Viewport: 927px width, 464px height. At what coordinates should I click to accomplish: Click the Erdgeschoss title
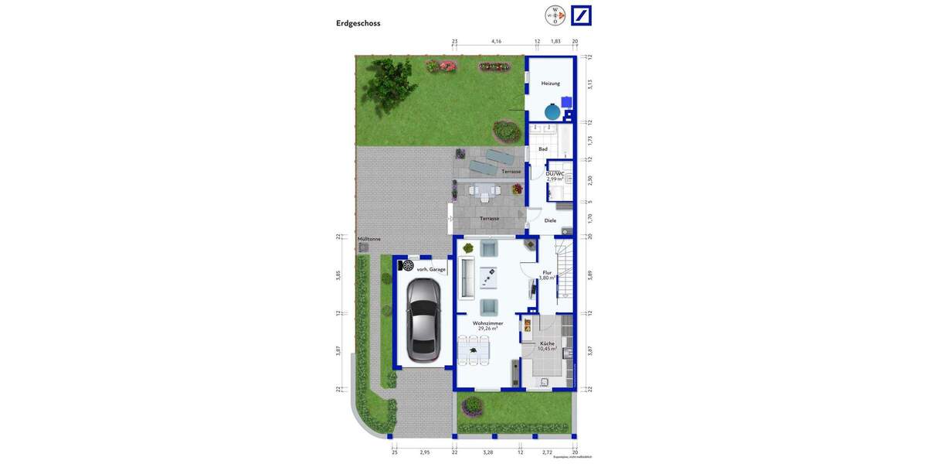coord(358,23)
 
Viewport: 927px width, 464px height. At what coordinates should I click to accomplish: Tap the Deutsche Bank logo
coord(581,15)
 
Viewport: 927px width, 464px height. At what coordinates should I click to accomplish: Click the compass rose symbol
coord(555,15)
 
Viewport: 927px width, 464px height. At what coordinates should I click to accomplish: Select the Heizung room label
coord(550,83)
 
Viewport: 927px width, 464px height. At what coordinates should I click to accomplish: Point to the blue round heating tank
coord(552,112)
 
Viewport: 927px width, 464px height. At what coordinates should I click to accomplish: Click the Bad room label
coord(543,148)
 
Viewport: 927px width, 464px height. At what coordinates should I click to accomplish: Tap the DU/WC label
coord(555,174)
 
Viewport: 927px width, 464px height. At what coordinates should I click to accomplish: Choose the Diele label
coord(550,220)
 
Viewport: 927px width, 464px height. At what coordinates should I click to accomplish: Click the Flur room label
coord(547,273)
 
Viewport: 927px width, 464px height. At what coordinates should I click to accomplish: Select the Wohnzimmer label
coord(487,323)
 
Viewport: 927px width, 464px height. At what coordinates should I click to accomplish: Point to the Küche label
coord(547,343)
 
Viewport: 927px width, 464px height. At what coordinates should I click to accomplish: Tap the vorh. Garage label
coord(431,269)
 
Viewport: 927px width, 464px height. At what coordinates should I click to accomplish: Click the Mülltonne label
coord(369,239)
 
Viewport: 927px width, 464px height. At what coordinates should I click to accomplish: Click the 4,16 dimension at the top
coord(496,41)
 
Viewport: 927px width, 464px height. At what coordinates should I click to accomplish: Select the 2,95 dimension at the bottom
coord(424,452)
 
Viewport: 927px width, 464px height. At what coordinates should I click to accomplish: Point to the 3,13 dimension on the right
coord(589,84)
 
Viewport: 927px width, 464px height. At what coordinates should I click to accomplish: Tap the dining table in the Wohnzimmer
coord(474,350)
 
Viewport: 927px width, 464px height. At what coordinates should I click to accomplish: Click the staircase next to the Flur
coord(565,271)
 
